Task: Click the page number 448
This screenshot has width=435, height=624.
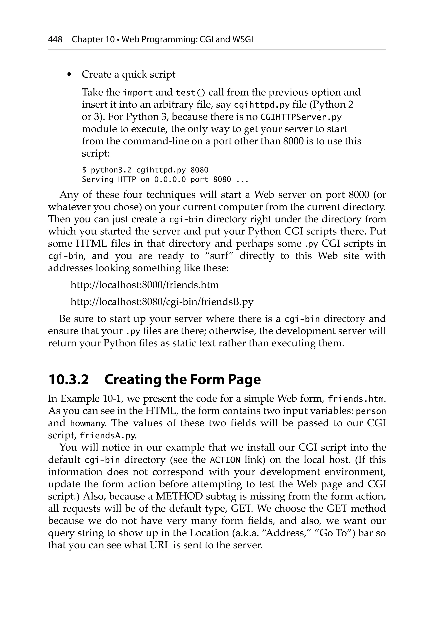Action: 55,40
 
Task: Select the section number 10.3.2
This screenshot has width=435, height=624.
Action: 69,380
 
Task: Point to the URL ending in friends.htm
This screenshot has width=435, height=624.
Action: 144,285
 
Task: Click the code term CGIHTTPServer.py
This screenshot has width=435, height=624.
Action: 301,117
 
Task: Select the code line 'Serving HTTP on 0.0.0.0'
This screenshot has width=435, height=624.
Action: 165,180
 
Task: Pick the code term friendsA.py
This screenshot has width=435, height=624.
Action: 108,436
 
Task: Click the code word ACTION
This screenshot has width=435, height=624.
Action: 225,460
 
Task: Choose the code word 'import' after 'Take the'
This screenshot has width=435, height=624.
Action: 138,93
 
